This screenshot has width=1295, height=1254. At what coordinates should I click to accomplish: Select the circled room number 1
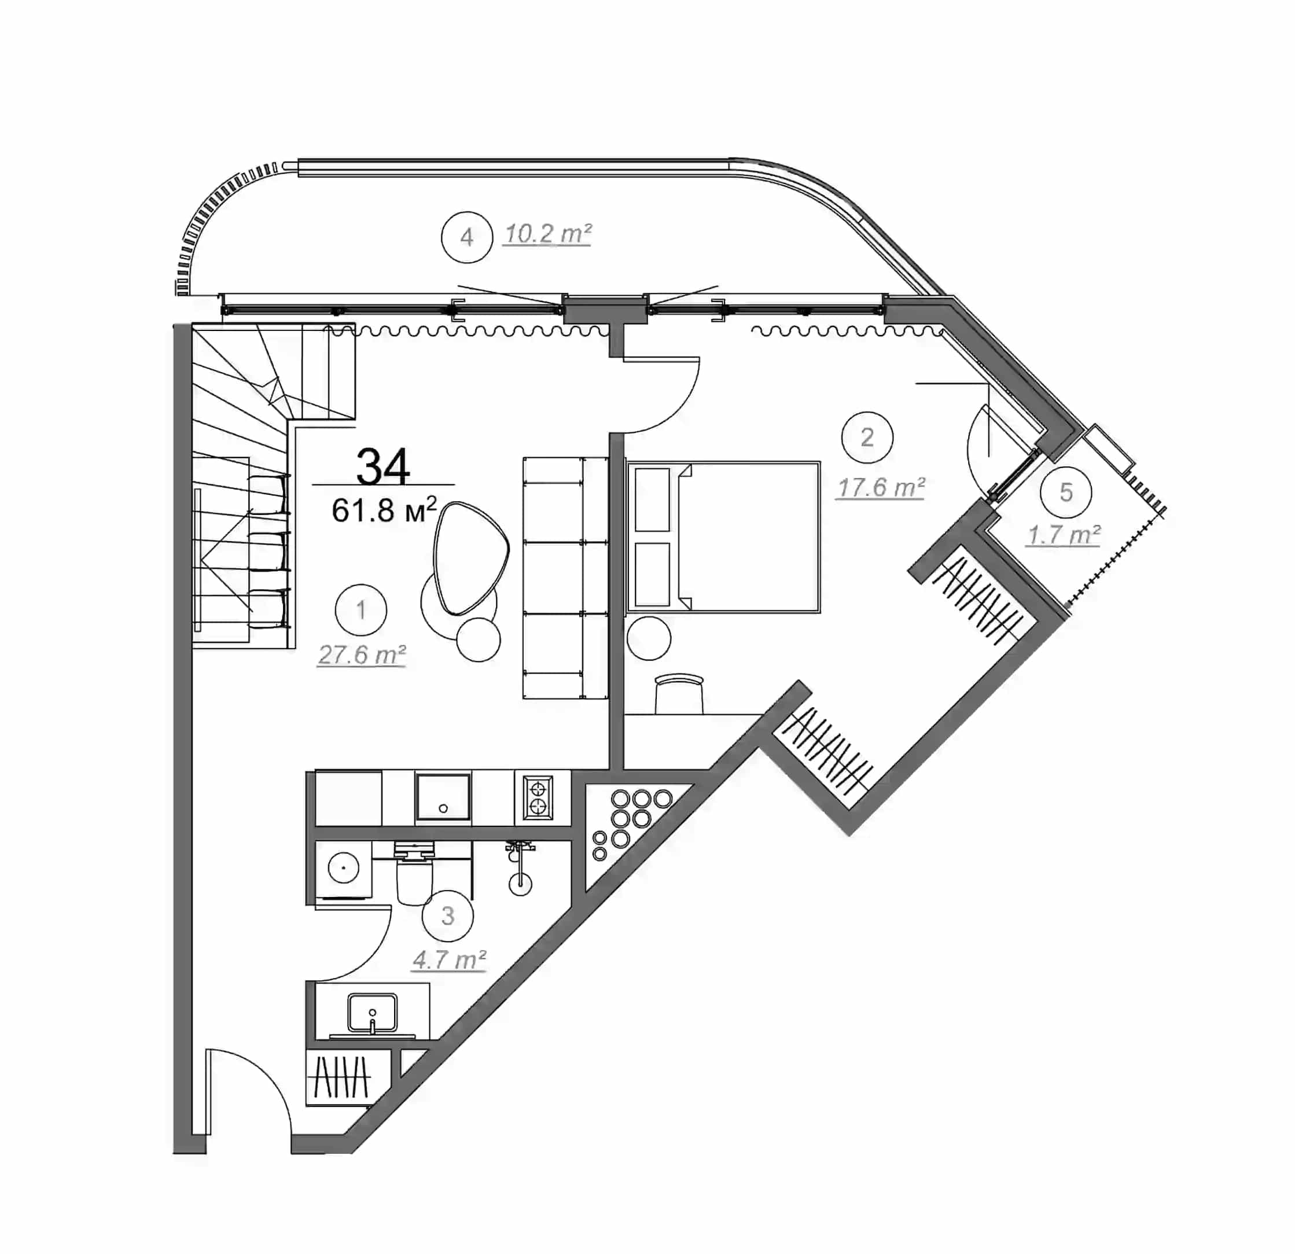pos(360,610)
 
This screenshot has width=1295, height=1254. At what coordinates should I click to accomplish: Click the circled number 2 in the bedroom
pos(867,437)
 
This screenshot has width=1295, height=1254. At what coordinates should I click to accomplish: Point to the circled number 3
pos(448,915)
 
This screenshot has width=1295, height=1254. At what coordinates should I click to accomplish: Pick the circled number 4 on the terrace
pos(467,237)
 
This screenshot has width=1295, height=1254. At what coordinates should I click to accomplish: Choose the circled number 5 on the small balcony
pos(1066,492)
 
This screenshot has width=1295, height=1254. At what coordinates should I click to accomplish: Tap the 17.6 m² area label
pos(881,488)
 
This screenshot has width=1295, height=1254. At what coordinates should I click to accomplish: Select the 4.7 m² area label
pos(449,959)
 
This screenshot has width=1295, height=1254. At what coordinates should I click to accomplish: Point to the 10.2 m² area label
pos(547,234)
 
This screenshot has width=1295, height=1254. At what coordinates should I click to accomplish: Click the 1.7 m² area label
pos(1063,535)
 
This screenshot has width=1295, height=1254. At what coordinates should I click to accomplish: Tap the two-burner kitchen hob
pos(538,797)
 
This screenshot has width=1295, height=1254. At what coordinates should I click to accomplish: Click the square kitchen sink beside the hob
pos(443,797)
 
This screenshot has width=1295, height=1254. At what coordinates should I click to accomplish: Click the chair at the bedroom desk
pos(679,693)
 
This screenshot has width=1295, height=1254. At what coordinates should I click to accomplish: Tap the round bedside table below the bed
pos(649,638)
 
